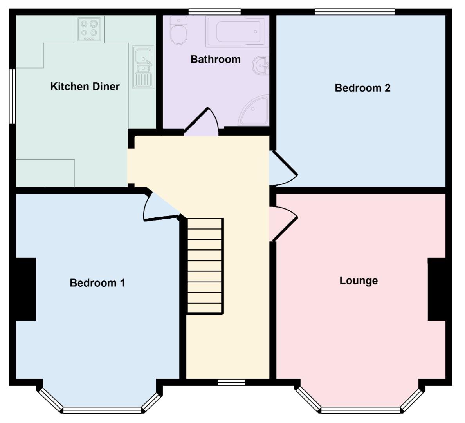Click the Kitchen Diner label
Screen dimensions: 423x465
pos(85,87)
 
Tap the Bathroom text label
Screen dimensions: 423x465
pos(215,60)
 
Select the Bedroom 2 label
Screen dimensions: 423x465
pos(362,88)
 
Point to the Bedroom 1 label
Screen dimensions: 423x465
pos(97,283)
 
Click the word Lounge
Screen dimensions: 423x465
pos(359,281)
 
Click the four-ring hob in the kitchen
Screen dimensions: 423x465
pos(89,29)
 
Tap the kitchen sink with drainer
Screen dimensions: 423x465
pos(144,67)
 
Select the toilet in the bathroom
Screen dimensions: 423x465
pos(179,31)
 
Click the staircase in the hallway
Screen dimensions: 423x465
pos(205,266)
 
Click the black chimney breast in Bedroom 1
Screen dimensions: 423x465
pos(25,289)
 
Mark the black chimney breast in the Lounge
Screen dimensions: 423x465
pos(437,289)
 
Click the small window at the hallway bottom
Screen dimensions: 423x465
pos(226,383)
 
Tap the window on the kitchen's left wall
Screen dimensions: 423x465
pos(13,96)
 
